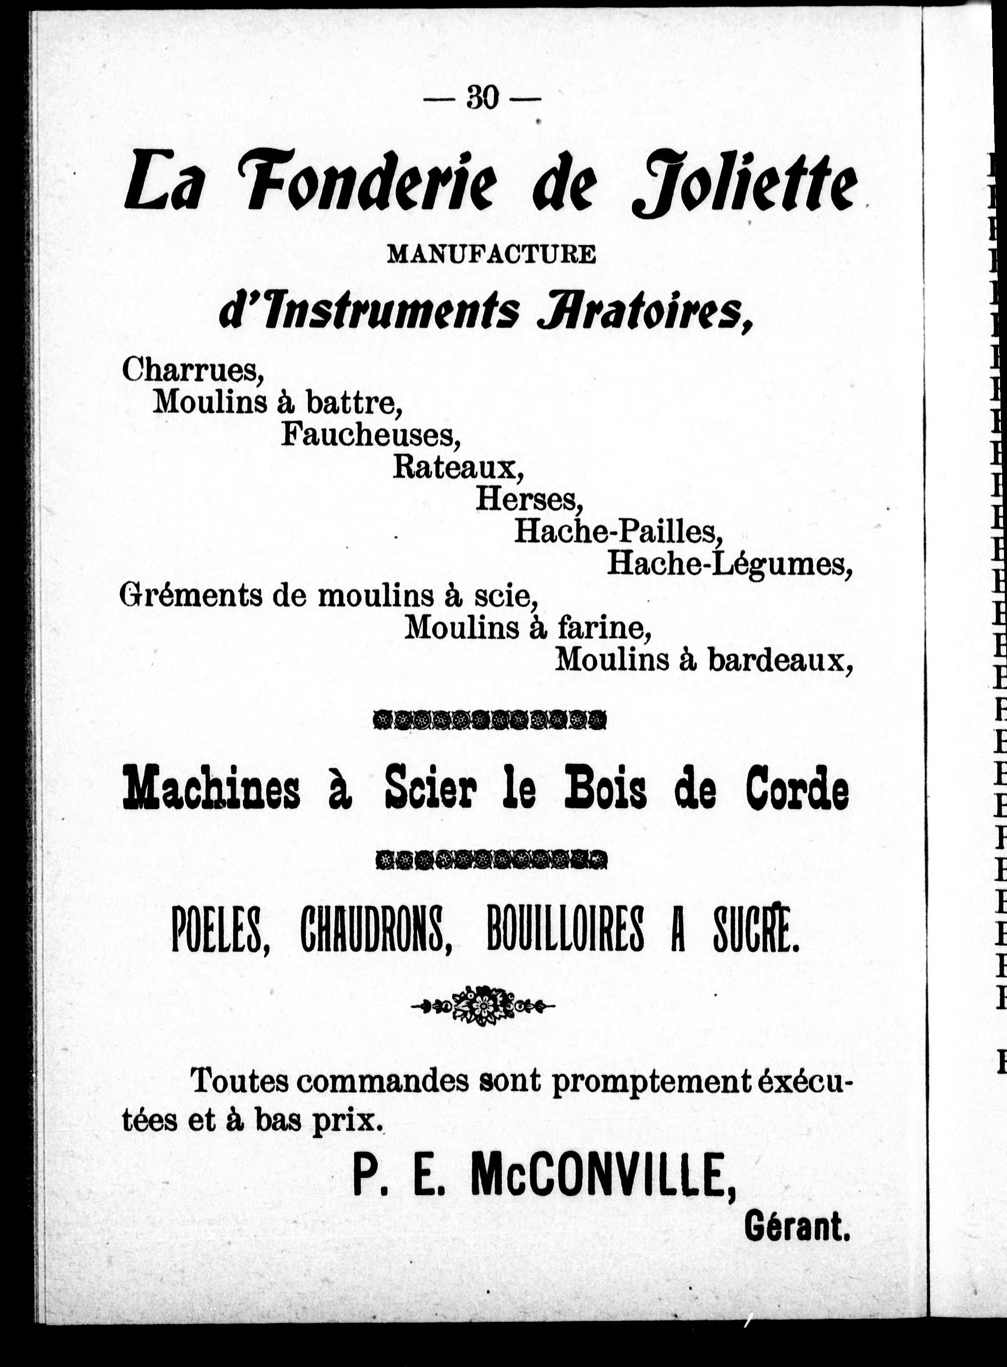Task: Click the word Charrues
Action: [x=193, y=369]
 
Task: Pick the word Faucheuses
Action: [x=371, y=434]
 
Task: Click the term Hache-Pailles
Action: [x=618, y=531]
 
